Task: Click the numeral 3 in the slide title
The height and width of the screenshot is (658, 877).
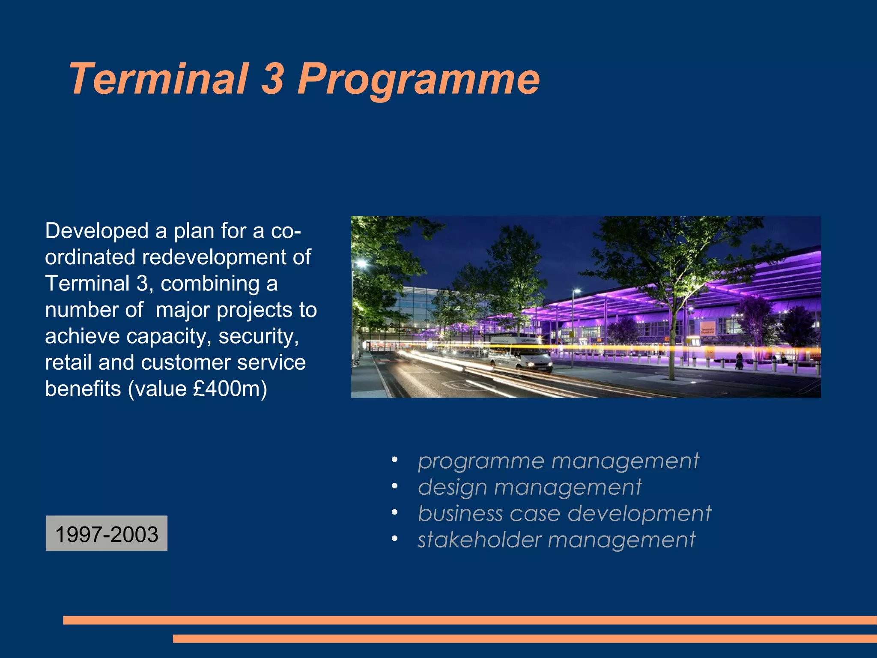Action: pos(273,79)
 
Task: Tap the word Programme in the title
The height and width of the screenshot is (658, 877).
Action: pos(418,80)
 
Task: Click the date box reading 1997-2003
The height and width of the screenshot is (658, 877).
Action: pos(107,534)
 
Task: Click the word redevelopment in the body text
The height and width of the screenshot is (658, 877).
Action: pos(214,257)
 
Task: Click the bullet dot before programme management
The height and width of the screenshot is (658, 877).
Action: pos(394,461)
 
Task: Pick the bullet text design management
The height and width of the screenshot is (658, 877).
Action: pos(530,488)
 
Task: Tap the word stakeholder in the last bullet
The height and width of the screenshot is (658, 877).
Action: pos(480,540)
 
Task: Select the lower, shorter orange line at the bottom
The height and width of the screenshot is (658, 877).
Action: pos(525,639)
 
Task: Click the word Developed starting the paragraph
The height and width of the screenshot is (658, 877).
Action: pos(97,231)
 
